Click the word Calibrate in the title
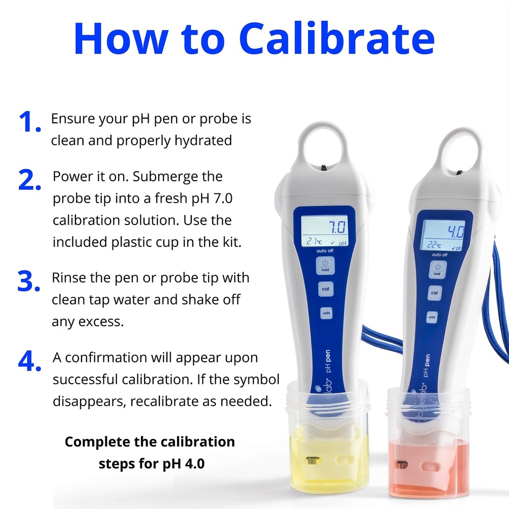(336, 39)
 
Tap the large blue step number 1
(29, 123)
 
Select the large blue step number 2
(30, 181)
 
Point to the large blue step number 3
(29, 281)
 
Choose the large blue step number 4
(29, 361)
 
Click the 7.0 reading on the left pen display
(335, 227)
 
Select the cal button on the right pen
(434, 293)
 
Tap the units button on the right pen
(432, 317)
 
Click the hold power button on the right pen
(437, 268)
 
